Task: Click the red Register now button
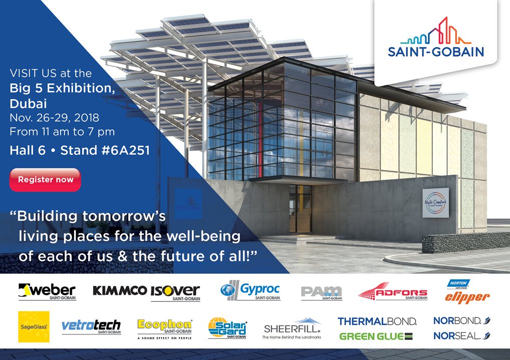[45, 179]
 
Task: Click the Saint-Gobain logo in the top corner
[435, 38]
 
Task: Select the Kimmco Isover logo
[146, 292]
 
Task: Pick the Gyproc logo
[250, 291]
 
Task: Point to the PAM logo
[321, 292]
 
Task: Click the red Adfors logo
[393, 293]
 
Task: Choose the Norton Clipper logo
[467, 293]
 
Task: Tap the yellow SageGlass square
[33, 326]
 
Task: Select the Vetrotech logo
[91, 327]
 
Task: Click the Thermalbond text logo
[377, 321]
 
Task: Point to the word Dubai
[28, 104]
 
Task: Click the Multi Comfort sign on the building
[435, 203]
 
